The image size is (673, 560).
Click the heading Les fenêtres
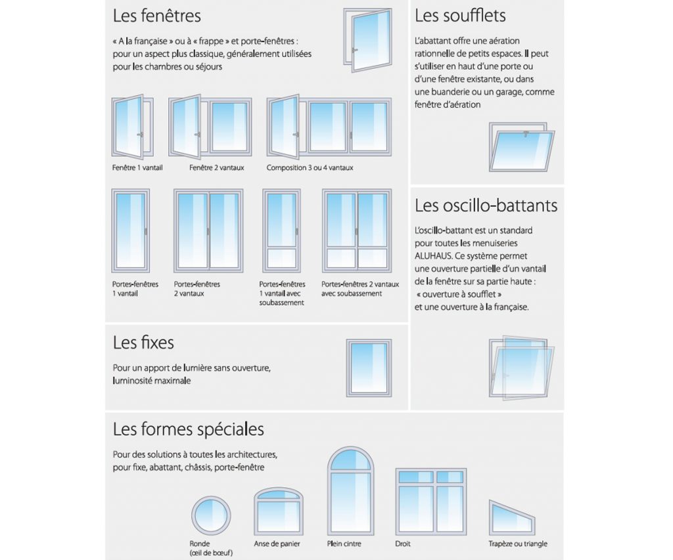pos(157,15)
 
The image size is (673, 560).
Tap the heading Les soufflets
pos(460,15)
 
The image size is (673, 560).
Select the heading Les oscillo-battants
pos(486,205)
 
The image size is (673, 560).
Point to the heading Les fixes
pos(143,343)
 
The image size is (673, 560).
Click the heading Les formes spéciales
pos(189,429)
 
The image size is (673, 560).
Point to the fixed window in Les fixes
pos(369,368)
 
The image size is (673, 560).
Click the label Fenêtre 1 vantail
pos(137,168)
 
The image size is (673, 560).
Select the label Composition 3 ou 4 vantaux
pos(310,168)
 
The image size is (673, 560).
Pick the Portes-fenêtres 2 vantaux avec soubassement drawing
pos(356,230)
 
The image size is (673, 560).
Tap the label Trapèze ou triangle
pos(518,544)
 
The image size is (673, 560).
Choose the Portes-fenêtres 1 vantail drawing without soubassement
pos(131,230)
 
